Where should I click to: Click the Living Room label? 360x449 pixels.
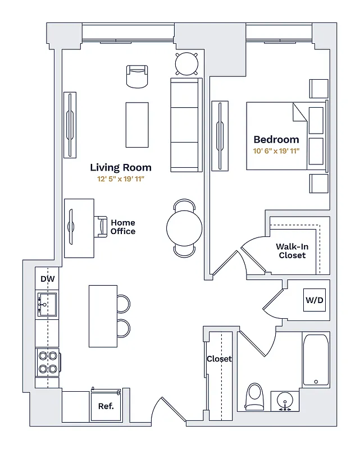121,167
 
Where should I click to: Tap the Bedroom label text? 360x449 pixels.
276,140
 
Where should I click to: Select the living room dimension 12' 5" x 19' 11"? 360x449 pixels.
121,180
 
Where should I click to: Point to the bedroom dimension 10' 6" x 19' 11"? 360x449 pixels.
276,151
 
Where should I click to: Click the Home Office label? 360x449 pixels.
123,227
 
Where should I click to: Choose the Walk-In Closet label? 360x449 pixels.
292,251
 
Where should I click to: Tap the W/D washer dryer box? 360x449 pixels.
315,300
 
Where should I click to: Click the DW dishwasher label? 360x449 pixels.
48,279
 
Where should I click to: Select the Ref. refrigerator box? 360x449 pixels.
106,406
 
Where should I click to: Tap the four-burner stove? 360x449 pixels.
47,362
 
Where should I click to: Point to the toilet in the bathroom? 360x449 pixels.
255,396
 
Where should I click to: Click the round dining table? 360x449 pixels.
184,228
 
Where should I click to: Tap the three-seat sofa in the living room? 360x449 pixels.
186,125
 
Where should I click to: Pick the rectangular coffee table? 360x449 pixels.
137,125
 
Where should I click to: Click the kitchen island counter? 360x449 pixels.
103,316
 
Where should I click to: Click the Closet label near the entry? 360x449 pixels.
219,359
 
